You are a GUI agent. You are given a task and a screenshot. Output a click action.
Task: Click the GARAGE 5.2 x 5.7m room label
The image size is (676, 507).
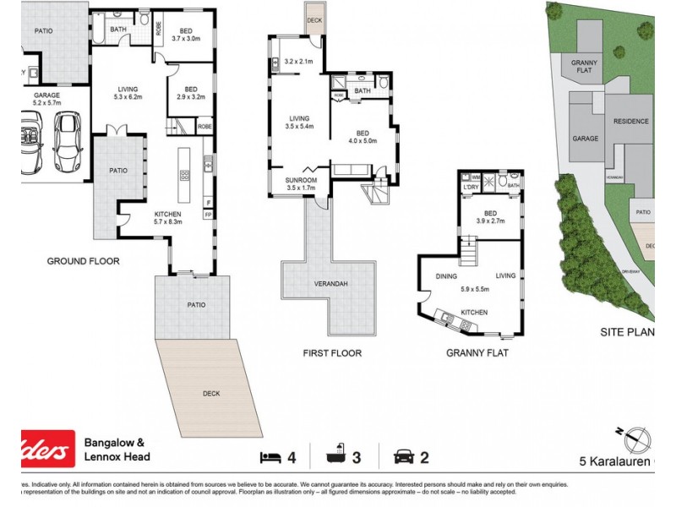(46, 101)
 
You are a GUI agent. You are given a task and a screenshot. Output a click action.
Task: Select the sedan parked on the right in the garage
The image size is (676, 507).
(67, 141)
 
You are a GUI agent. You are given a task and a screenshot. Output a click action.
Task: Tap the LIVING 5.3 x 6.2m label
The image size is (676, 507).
(128, 93)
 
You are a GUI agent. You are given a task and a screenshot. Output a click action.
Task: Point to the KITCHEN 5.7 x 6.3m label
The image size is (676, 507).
(167, 217)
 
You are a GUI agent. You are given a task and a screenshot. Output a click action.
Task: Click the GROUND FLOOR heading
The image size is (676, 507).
(83, 261)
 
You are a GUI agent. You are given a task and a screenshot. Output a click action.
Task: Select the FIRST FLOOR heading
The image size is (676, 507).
(332, 352)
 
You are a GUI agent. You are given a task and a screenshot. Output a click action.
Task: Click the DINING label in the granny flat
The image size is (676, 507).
(446, 276)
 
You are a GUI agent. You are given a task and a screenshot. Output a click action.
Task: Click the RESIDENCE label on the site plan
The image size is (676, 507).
(630, 121)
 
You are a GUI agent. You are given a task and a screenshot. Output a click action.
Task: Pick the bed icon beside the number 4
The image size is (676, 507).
(270, 457)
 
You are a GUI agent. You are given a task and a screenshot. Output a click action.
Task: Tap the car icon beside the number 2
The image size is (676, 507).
(403, 457)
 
